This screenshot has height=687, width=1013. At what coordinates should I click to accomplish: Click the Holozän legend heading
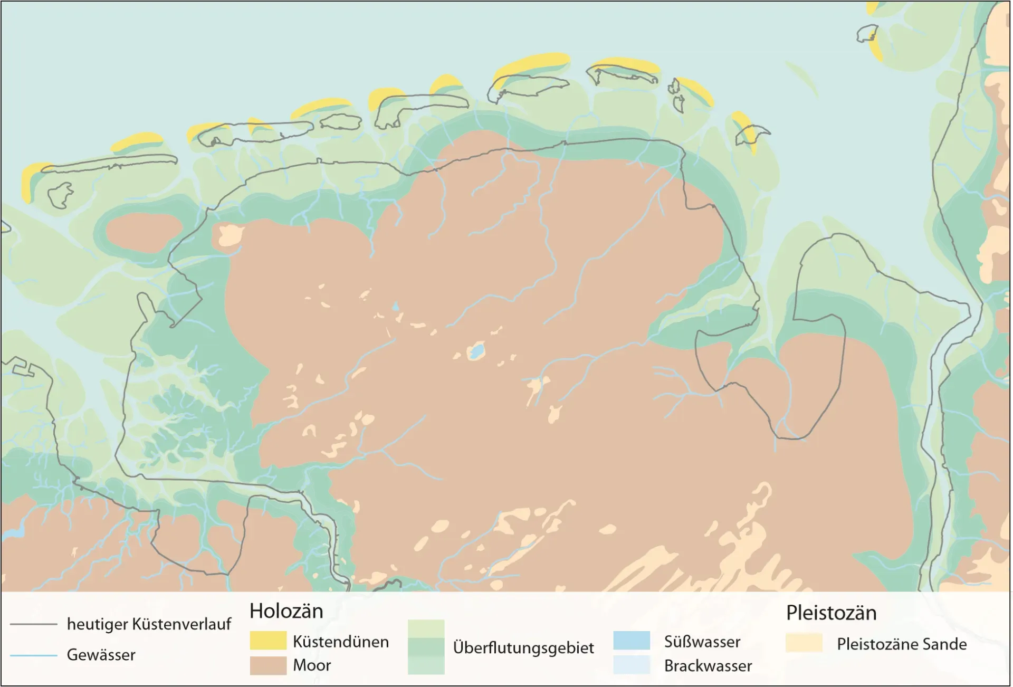[x=286, y=611]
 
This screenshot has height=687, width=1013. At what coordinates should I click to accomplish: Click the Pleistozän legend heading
[x=831, y=613]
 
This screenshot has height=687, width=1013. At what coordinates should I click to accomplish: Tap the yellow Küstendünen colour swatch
[x=268, y=641]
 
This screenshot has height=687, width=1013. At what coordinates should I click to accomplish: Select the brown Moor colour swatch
[x=268, y=665]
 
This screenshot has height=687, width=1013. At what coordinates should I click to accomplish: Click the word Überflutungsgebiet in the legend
[x=523, y=647]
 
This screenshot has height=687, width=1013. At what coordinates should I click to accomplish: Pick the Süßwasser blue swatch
[x=632, y=641]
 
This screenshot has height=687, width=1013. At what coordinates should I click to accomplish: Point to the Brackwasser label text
[x=708, y=666]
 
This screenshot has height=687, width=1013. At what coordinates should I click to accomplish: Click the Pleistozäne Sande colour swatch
[x=804, y=643]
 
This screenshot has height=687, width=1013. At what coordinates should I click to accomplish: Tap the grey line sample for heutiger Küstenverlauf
[x=33, y=624]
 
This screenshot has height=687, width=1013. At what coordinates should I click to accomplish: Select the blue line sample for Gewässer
[x=33, y=655]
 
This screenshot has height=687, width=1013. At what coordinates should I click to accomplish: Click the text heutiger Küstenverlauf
[x=149, y=624]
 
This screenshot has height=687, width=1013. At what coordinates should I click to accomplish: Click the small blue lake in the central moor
[x=476, y=351]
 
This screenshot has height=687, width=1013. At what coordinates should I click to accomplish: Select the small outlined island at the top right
[x=866, y=34]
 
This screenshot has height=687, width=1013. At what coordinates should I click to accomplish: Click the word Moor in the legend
[x=312, y=665]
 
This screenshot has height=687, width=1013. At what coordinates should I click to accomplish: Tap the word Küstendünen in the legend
[x=341, y=642]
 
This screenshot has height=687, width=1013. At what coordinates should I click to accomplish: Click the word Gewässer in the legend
[x=101, y=655]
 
